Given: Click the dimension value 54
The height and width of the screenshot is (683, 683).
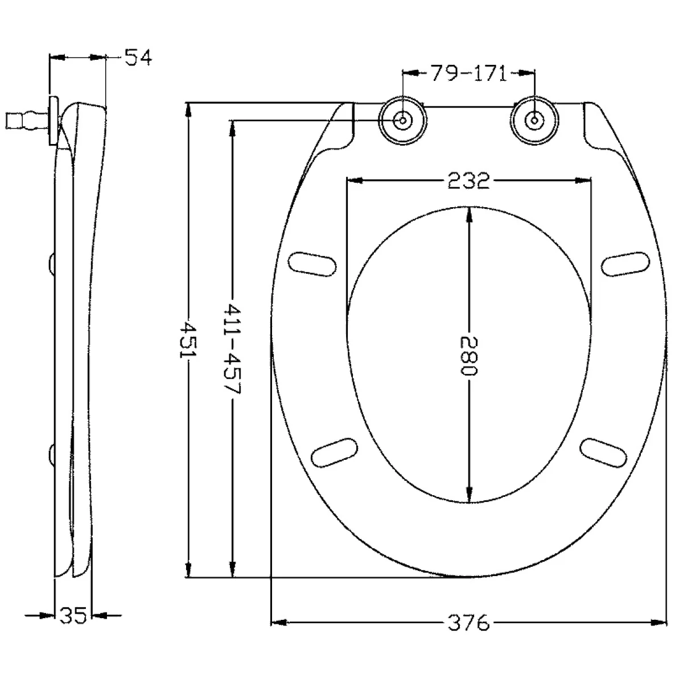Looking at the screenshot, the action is pyautogui.click(x=138, y=57).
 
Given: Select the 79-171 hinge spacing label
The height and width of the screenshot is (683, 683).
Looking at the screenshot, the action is pyautogui.click(x=468, y=73).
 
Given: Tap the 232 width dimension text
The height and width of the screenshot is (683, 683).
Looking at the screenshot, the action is pyautogui.click(x=468, y=180).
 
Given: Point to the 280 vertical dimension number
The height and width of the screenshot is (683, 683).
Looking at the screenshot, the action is pyautogui.click(x=469, y=356).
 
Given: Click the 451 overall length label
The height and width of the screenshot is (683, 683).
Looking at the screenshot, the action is pyautogui.click(x=188, y=340).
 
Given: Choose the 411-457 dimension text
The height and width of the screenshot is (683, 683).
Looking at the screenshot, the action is pyautogui.click(x=232, y=348).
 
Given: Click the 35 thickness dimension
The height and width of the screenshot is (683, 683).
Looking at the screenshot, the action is pyautogui.click(x=73, y=616).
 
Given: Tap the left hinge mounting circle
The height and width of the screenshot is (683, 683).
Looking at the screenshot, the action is pyautogui.click(x=402, y=120).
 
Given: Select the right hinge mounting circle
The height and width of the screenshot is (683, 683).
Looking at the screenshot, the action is pyautogui.click(x=534, y=120).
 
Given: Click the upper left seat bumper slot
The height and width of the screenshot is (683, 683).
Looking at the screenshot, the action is pyautogui.click(x=312, y=264).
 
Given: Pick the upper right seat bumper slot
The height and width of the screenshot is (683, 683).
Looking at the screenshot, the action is pyautogui.click(x=626, y=264).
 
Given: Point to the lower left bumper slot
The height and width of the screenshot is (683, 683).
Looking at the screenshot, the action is pyautogui.click(x=334, y=452).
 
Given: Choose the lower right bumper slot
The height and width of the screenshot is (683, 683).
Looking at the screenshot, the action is pyautogui.click(x=603, y=452).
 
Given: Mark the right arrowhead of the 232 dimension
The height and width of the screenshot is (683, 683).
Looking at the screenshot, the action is pyautogui.click(x=583, y=180).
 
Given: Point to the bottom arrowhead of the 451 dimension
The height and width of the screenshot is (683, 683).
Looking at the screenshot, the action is pyautogui.click(x=188, y=569).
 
